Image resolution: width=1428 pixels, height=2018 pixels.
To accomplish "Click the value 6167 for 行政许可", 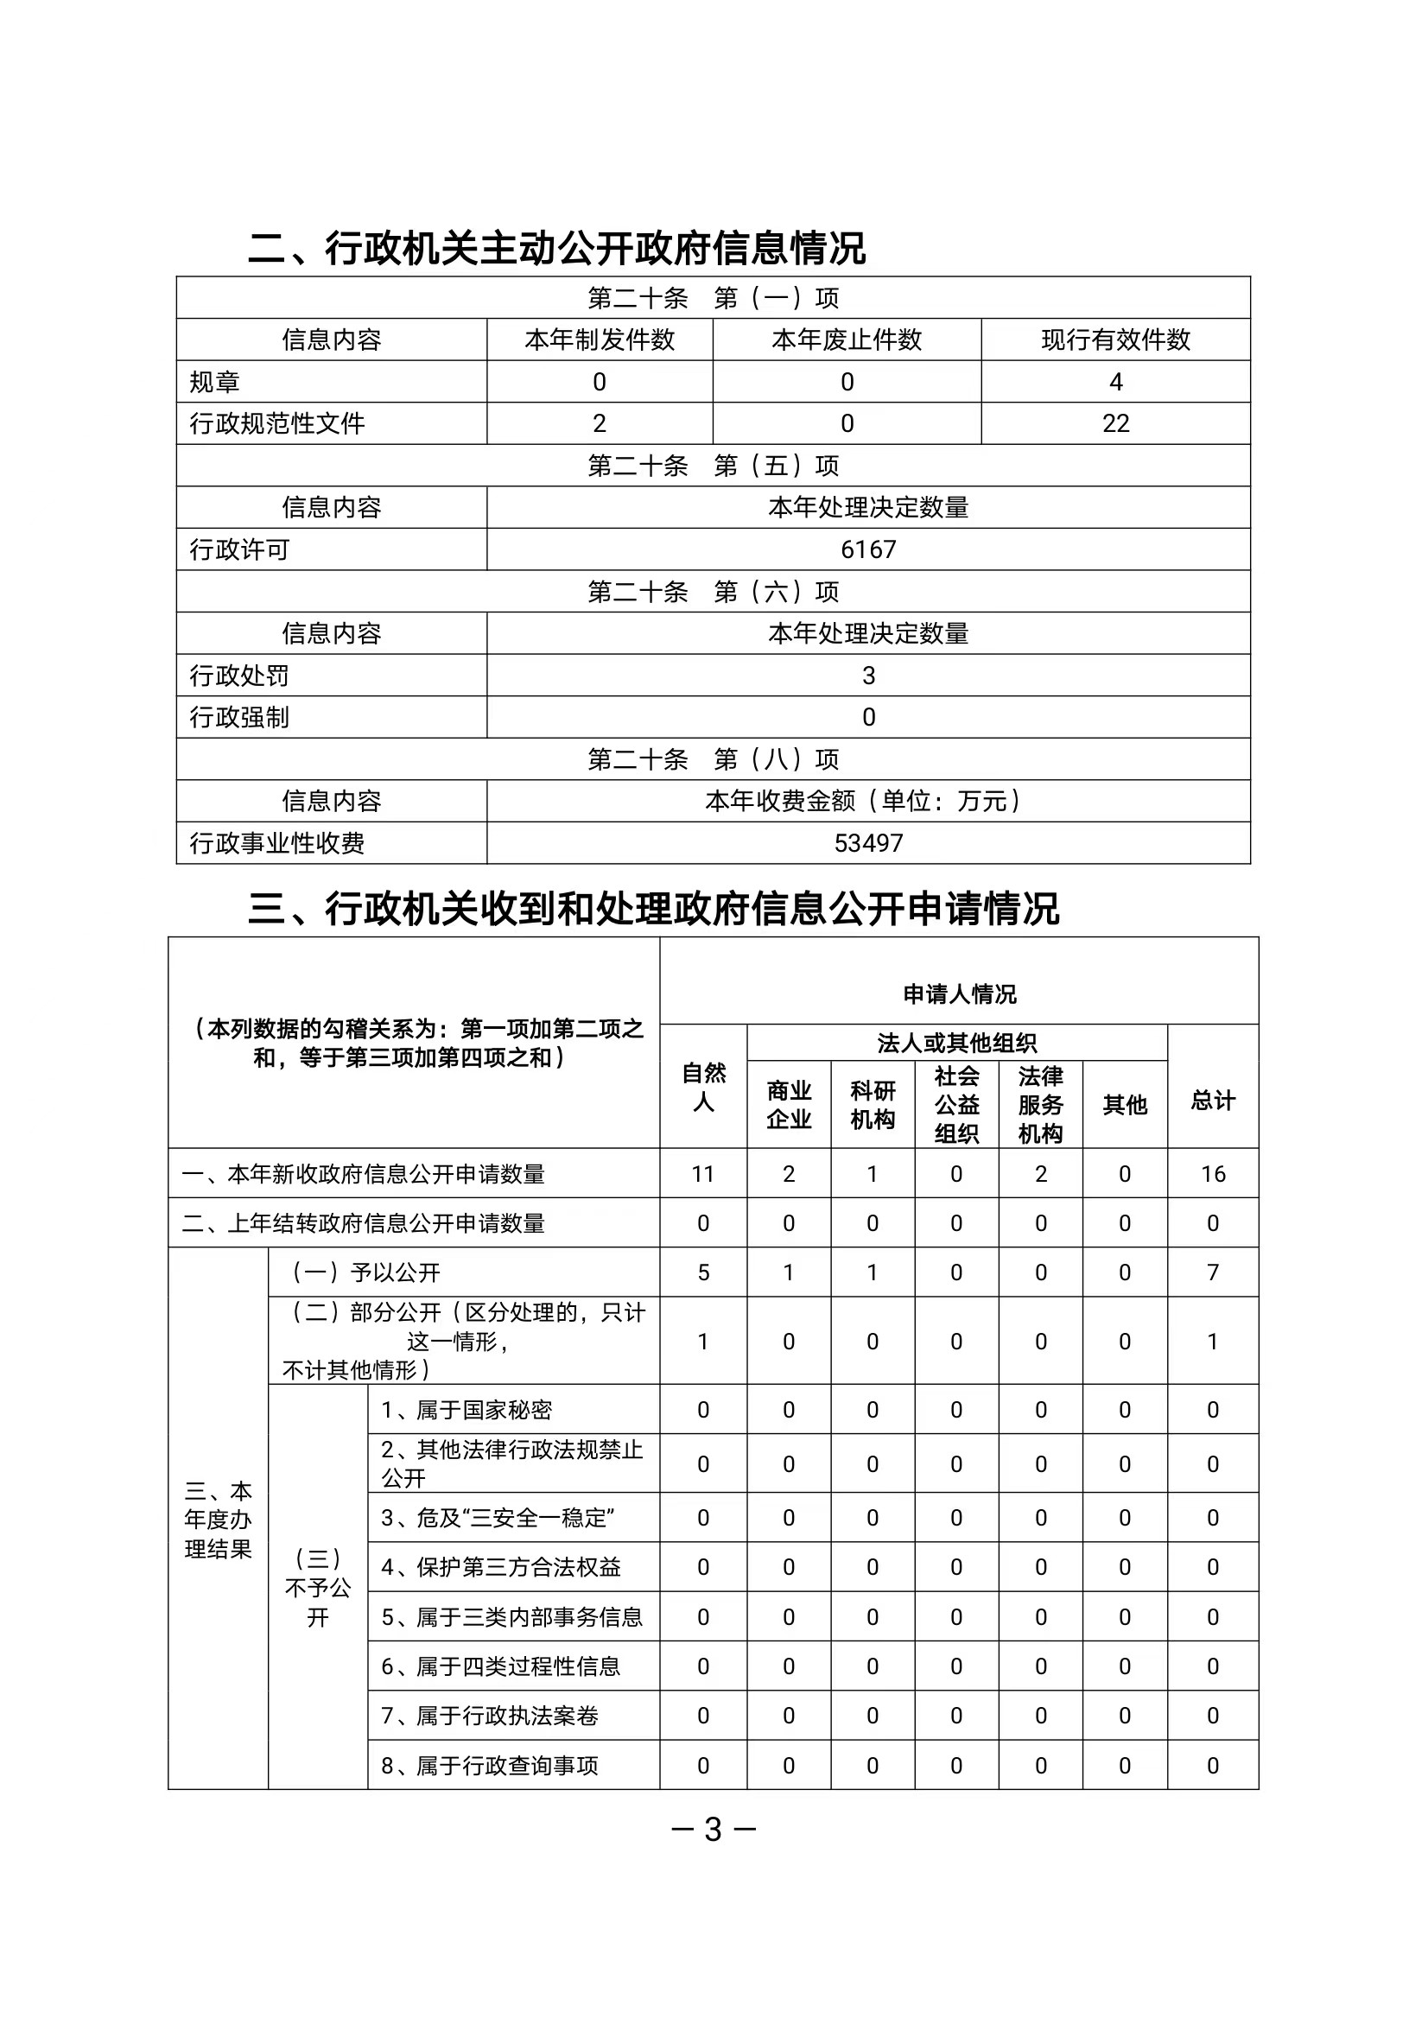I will (x=868, y=549).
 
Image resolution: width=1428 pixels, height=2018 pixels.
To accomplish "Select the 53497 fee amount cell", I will (x=868, y=843).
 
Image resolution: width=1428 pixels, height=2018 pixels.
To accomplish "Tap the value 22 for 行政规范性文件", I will (x=1115, y=424).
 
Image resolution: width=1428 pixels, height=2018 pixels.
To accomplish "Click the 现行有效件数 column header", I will (x=1115, y=340).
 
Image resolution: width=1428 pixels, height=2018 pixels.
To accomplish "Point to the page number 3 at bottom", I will (x=713, y=1830).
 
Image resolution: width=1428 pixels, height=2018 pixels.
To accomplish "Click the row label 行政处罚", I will (x=239, y=676).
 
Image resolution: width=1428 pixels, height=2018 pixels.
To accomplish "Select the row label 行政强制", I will (x=239, y=718).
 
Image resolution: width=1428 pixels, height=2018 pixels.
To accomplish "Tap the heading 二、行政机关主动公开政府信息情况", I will (x=556, y=248).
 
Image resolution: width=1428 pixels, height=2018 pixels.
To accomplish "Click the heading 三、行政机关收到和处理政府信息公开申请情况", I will (x=653, y=908).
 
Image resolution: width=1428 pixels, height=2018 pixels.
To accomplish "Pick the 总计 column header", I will (x=1213, y=1100).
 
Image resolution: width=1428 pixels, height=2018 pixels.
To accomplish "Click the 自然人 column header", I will (x=703, y=1087).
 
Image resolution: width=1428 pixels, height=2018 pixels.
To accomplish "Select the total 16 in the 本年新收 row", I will (x=1213, y=1174).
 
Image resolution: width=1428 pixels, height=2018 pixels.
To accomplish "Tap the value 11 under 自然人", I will (x=702, y=1174).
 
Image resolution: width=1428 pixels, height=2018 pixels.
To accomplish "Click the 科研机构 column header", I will (x=873, y=1104).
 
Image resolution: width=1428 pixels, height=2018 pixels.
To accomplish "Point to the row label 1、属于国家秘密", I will (x=466, y=1410).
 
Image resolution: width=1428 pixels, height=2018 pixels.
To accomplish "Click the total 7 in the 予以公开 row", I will (x=1213, y=1272).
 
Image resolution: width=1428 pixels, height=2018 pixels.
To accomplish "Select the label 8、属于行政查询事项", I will (x=489, y=1766).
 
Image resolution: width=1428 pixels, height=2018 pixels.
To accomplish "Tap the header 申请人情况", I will (x=958, y=994).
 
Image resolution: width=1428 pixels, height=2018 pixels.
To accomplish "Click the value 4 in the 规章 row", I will (x=1115, y=382).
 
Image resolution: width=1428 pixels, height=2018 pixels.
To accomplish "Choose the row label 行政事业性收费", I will (x=277, y=843).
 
